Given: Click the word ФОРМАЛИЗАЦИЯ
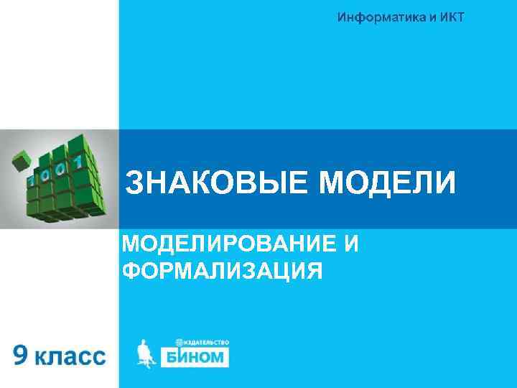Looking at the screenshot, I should [x=222, y=271].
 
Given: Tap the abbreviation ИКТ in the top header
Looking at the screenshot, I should [x=450, y=17].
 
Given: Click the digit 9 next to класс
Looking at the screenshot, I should [x=22, y=355].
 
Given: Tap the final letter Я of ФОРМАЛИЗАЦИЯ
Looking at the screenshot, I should [x=313, y=271].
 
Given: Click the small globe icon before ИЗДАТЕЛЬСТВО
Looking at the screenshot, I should [x=180, y=342].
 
